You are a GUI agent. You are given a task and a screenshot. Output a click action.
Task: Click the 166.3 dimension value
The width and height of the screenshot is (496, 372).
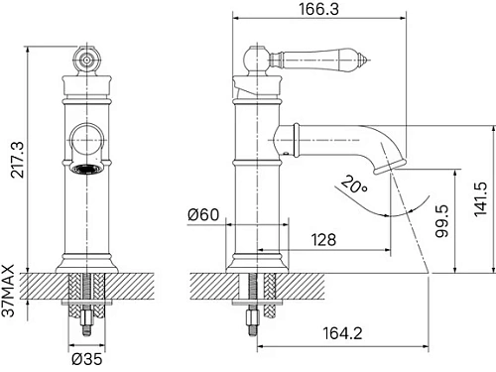click(319, 9)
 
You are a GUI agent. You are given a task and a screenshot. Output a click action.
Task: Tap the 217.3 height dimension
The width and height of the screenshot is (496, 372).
click(18, 160)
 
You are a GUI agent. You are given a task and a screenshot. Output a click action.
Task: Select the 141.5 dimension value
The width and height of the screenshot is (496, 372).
click(481, 199)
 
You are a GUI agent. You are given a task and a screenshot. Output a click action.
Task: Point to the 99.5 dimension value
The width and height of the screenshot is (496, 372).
click(442, 221)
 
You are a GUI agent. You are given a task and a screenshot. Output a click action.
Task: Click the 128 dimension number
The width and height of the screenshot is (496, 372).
click(323, 240)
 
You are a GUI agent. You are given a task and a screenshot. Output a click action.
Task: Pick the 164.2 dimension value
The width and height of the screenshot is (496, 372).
click(342, 333)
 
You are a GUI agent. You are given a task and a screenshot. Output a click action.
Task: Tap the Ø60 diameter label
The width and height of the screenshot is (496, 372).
click(203, 215)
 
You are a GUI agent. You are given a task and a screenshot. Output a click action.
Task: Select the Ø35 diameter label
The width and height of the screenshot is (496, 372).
click(87, 359)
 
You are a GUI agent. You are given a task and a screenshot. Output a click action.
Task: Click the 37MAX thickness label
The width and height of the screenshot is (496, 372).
click(8, 291)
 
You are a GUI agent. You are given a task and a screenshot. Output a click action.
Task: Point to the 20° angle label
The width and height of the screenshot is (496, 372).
click(354, 186)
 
